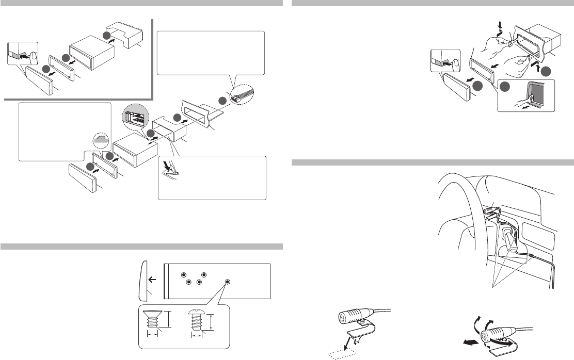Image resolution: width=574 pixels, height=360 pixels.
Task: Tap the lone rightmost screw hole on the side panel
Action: point(228,282)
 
